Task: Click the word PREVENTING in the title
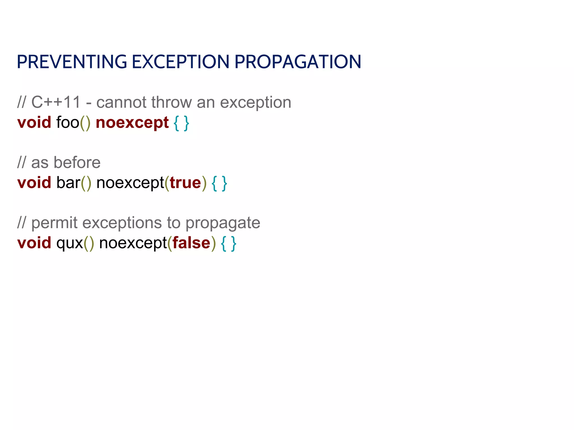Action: (x=72, y=62)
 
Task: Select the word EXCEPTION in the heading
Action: (x=180, y=62)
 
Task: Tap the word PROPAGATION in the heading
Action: (x=298, y=62)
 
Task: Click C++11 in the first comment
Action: (x=56, y=102)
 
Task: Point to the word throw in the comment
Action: (x=172, y=102)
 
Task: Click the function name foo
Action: (x=68, y=123)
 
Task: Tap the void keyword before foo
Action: (x=34, y=123)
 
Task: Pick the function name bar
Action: (x=68, y=183)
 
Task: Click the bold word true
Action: (x=185, y=183)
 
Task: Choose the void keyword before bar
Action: (x=34, y=183)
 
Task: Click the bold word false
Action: (x=191, y=243)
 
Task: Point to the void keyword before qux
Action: (x=34, y=243)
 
